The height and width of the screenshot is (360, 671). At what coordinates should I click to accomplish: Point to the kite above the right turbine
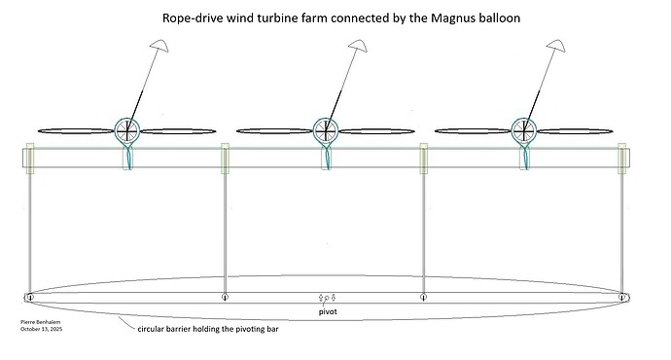point(557,49)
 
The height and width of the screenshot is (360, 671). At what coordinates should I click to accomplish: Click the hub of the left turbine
point(128,128)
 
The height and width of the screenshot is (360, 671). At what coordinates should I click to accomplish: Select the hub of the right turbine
point(524,128)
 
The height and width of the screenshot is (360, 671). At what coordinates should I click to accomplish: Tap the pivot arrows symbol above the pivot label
point(327,297)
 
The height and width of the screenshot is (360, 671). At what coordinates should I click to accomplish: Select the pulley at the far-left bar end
point(30,297)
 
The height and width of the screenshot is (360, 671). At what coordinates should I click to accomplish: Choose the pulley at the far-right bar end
point(621,297)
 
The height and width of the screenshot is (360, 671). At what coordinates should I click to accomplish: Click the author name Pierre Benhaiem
point(40,320)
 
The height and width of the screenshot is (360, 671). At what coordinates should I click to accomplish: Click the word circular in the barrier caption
point(157,329)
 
